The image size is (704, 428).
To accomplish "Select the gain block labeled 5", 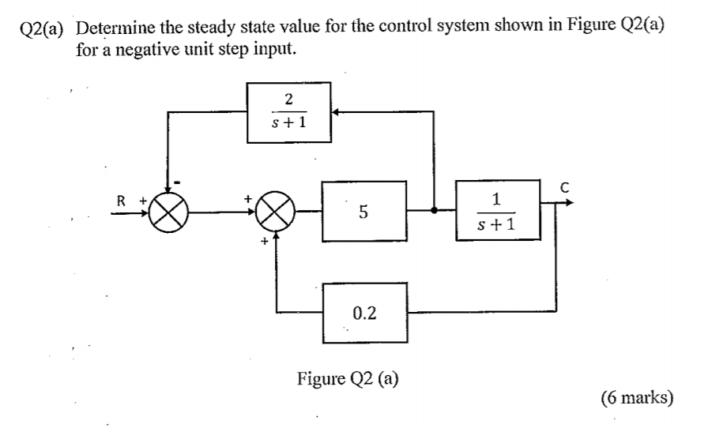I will click(x=363, y=211).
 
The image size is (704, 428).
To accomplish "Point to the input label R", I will click(x=121, y=201).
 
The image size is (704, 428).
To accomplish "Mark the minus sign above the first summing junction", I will click(x=178, y=183).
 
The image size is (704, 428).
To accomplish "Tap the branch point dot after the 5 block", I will click(x=434, y=211).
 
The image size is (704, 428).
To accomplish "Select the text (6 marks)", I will click(x=636, y=396).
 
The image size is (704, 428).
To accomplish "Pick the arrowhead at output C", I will click(x=568, y=202).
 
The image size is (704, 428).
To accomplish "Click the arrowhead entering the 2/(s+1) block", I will click(x=335, y=111).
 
